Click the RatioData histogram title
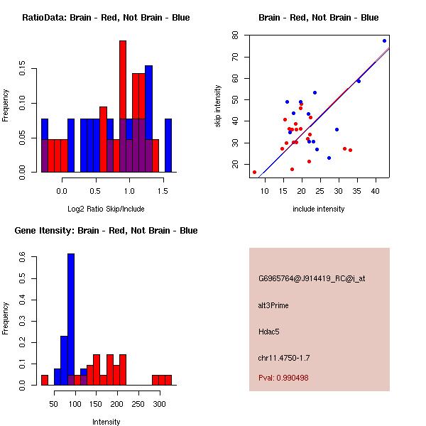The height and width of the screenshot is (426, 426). click(x=106, y=18)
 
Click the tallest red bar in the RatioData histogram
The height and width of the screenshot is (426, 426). click(x=123, y=106)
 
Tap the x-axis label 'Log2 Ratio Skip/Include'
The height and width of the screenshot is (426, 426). click(x=106, y=208)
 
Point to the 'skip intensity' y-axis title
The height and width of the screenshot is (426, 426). click(x=219, y=106)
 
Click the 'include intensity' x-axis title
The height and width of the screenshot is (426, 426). click(x=319, y=209)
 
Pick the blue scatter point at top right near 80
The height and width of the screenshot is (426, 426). click(x=384, y=40)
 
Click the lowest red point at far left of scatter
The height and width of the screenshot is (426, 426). click(x=254, y=172)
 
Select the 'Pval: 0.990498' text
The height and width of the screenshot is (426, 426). click(x=283, y=378)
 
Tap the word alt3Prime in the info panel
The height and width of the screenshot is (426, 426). click(x=273, y=305)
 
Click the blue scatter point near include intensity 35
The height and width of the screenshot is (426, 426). click(x=359, y=81)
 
